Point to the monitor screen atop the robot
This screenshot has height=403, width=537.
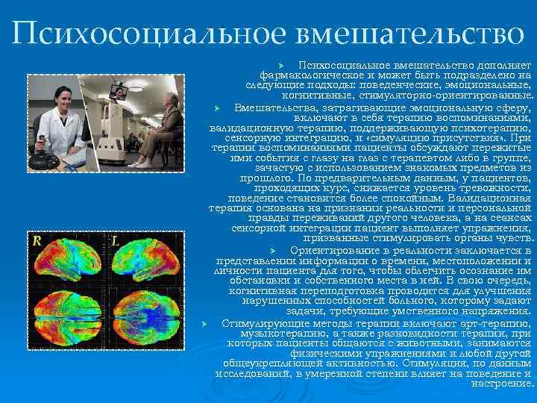[x=118, y=92]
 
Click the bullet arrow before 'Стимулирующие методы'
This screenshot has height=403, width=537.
[x=214, y=322]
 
